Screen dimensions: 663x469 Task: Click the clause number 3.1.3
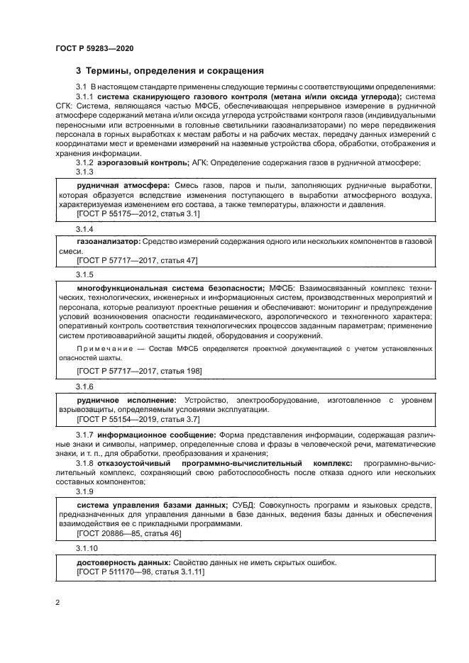tap(84, 172)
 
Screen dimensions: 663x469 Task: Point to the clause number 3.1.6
tap(84, 386)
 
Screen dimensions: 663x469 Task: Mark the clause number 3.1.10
tap(87, 548)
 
